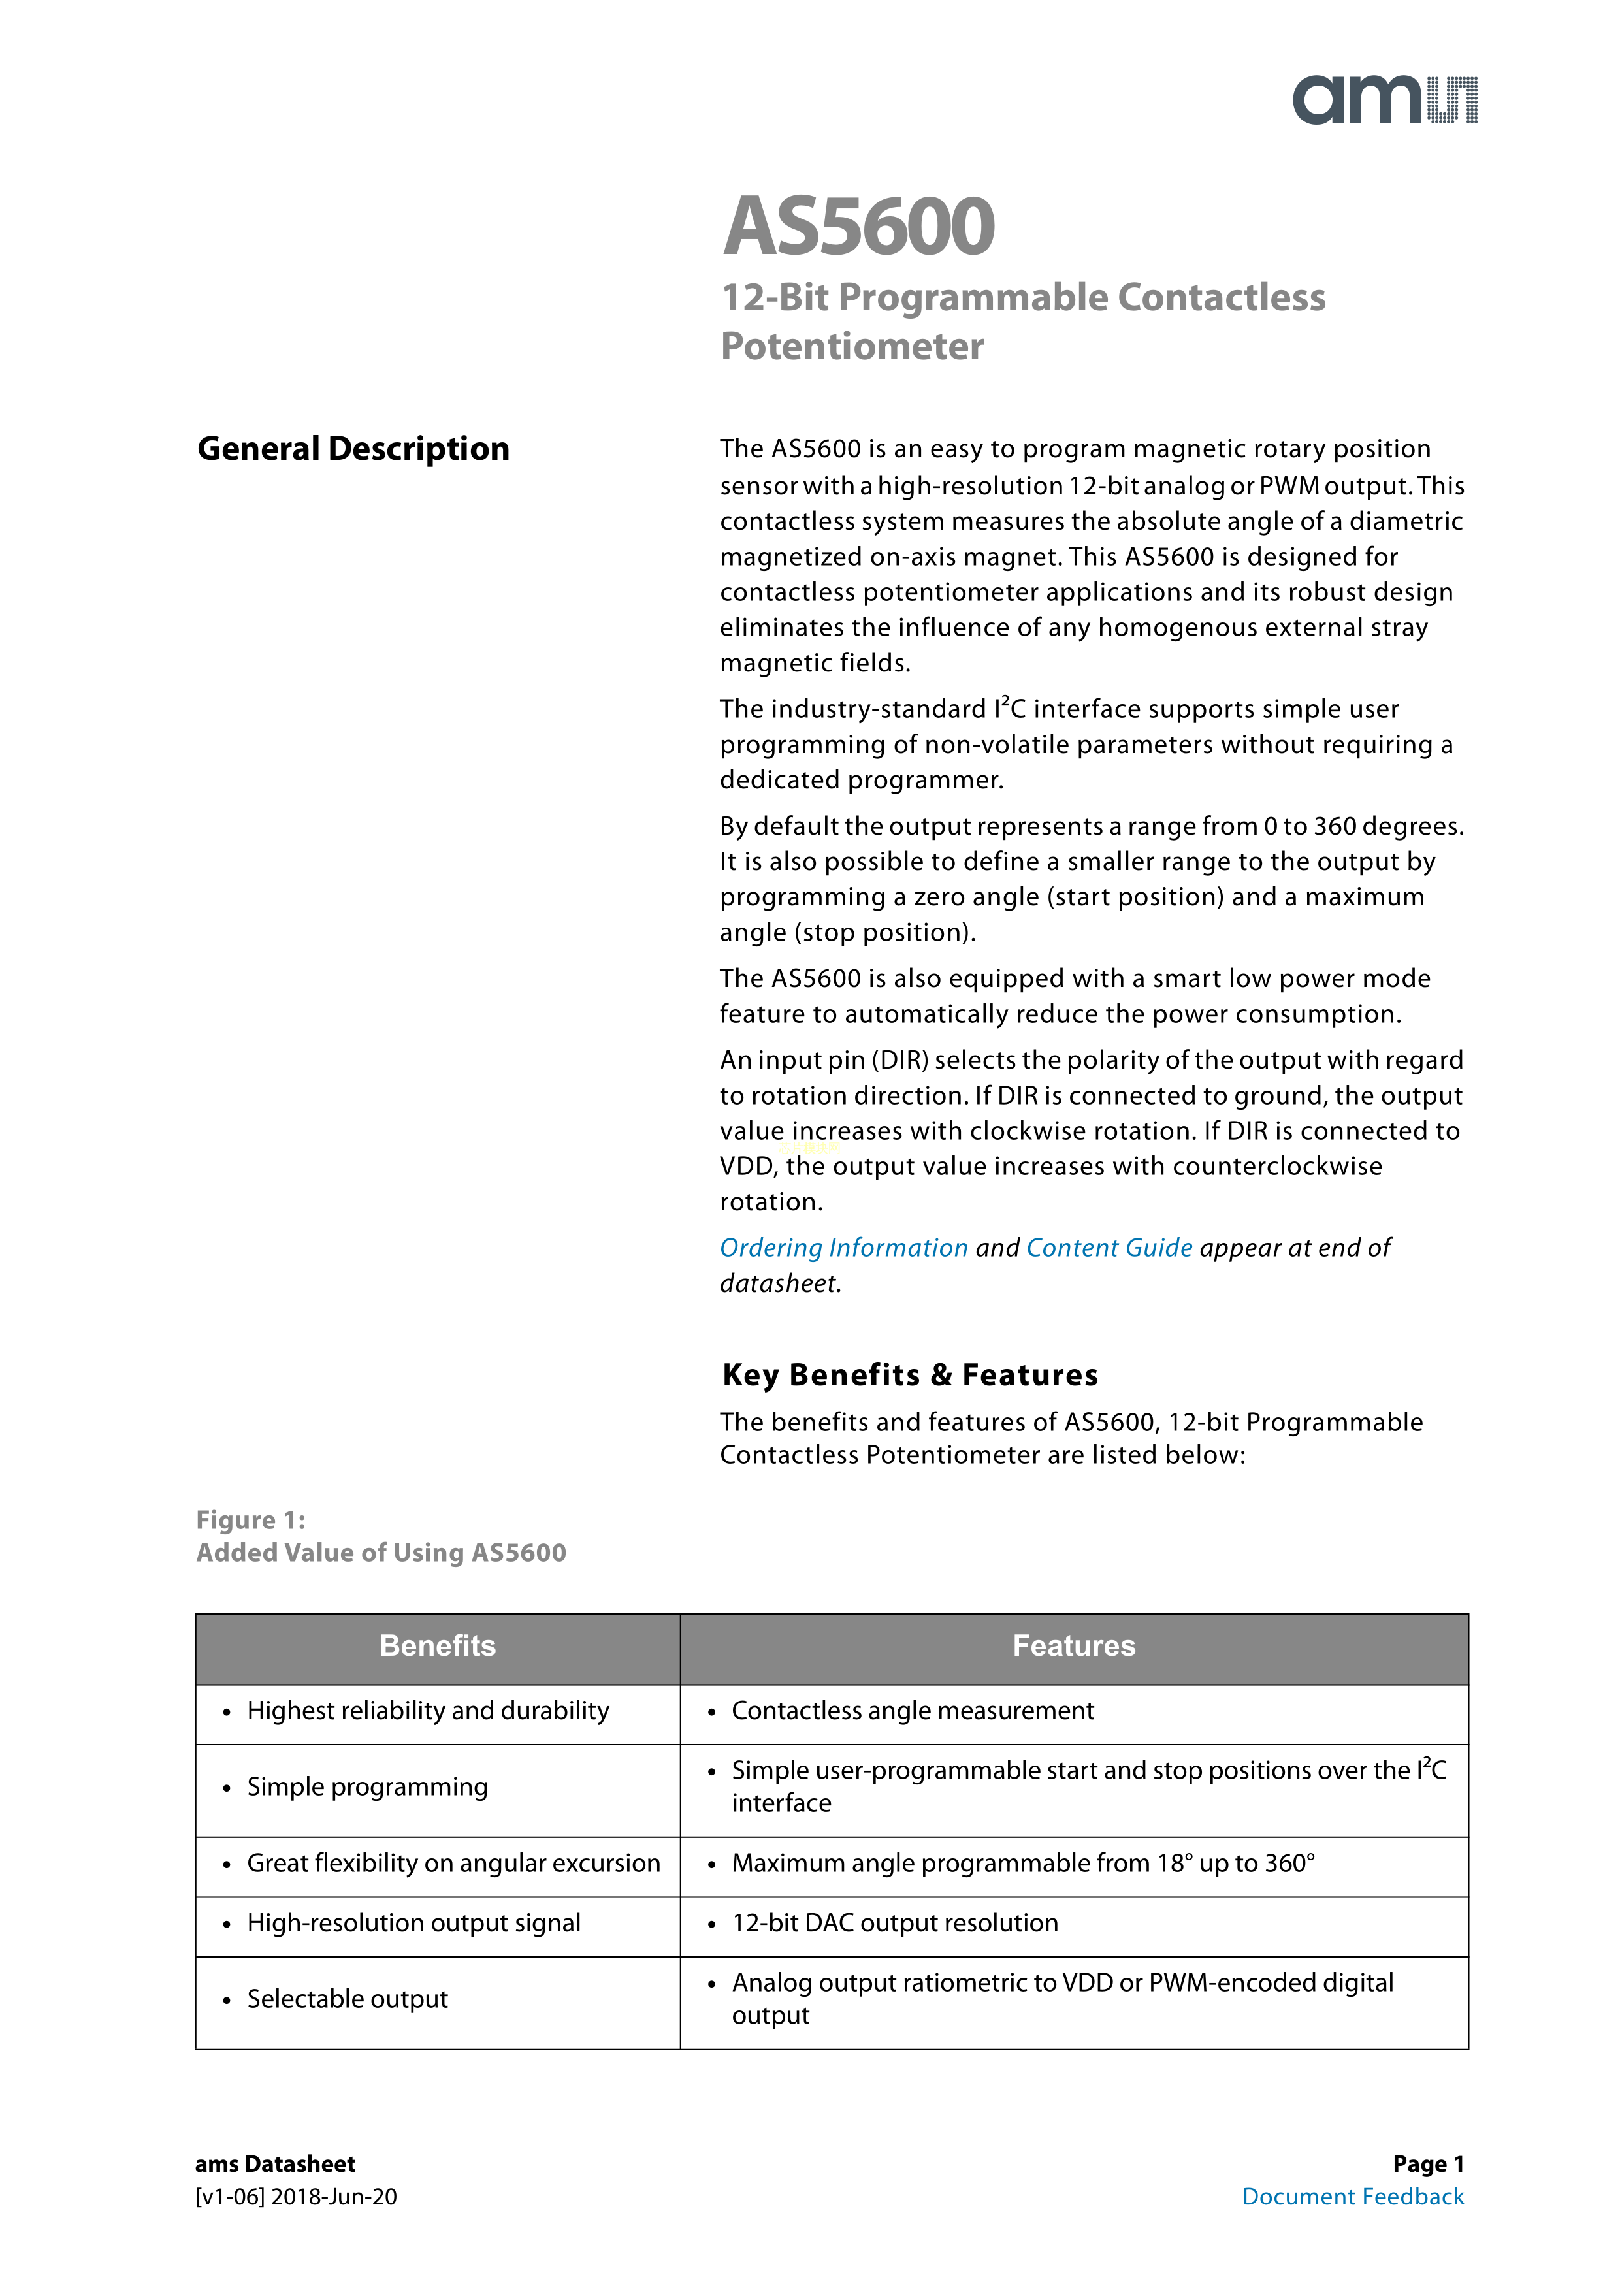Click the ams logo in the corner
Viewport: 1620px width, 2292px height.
[x=1384, y=100]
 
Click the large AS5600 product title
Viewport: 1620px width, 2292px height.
[x=858, y=227]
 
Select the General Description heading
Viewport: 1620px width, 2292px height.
[x=353, y=449]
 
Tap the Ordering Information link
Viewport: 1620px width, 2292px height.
[x=843, y=1248]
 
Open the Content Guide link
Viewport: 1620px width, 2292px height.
[x=1109, y=1248]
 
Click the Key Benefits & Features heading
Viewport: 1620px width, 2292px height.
[x=909, y=1374]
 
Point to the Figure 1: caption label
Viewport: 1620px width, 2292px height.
[x=251, y=1519]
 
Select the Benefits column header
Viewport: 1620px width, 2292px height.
[x=437, y=1645]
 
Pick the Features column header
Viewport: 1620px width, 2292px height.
[x=1074, y=1645]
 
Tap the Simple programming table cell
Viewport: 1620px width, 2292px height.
[x=367, y=1787]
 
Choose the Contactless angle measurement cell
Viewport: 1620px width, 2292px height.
[x=913, y=1711]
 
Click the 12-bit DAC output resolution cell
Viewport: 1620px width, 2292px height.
[x=894, y=1923]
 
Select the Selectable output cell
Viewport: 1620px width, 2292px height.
[x=348, y=1999]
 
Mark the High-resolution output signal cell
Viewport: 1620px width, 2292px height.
[x=413, y=1923]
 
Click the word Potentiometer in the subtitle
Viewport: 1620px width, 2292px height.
[x=852, y=346]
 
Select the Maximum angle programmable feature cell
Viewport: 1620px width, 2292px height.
[x=1023, y=1863]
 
